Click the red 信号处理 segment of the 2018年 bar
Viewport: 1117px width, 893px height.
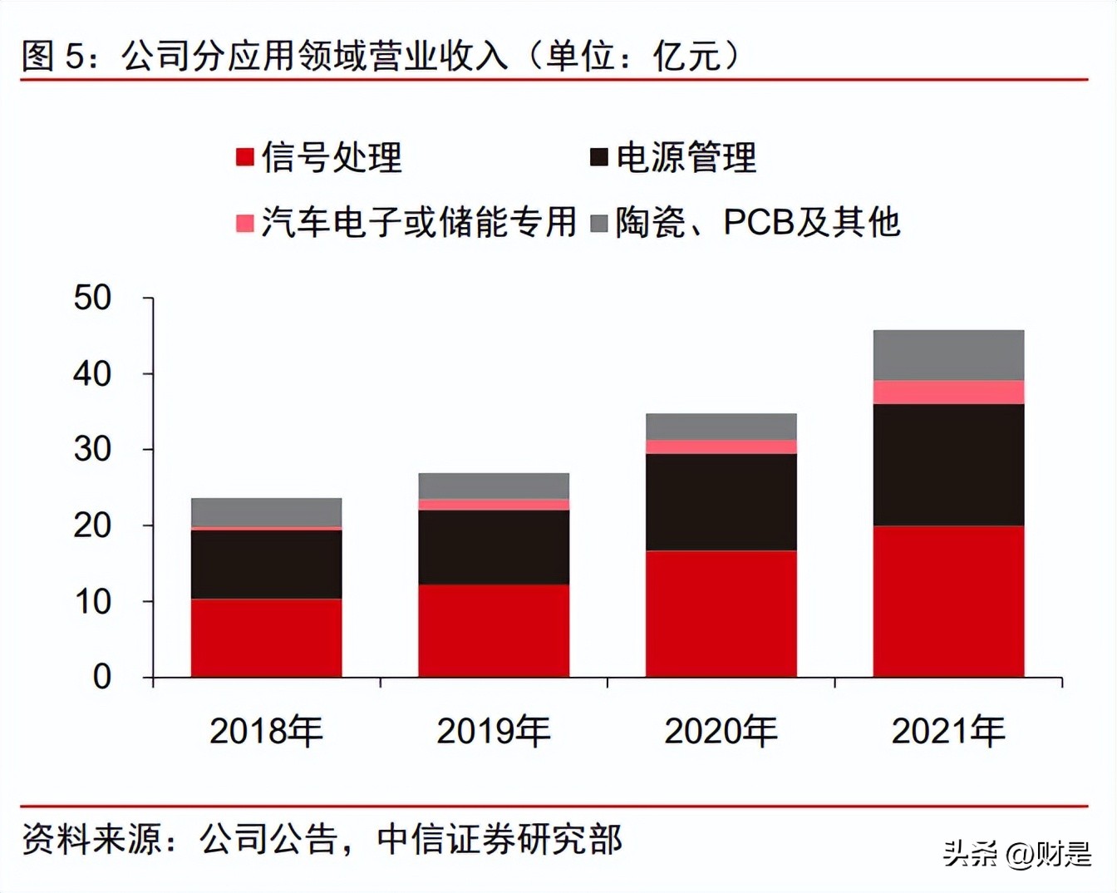point(266,637)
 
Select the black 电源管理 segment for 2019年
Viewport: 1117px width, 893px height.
point(494,546)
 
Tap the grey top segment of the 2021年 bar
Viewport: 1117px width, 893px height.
point(948,355)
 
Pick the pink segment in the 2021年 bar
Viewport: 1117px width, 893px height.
point(948,392)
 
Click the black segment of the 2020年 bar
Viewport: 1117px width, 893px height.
point(721,501)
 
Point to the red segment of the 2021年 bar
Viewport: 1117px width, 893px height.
point(948,600)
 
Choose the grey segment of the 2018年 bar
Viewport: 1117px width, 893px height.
point(266,511)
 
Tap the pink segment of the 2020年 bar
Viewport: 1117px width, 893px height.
point(721,446)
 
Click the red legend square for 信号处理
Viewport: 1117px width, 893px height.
point(245,157)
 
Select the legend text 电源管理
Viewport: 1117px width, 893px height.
point(686,157)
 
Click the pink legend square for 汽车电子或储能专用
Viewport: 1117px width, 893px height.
point(245,223)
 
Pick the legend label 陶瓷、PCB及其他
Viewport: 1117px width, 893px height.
point(757,223)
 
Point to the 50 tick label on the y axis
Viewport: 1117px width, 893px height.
point(92,298)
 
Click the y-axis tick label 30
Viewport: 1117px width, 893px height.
point(92,450)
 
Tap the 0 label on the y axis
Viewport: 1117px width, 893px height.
point(101,677)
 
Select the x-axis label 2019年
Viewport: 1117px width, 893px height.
point(494,731)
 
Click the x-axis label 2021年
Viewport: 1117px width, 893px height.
point(948,731)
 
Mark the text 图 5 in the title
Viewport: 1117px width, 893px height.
point(53,56)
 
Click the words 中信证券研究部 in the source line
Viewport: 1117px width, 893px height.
point(499,840)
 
